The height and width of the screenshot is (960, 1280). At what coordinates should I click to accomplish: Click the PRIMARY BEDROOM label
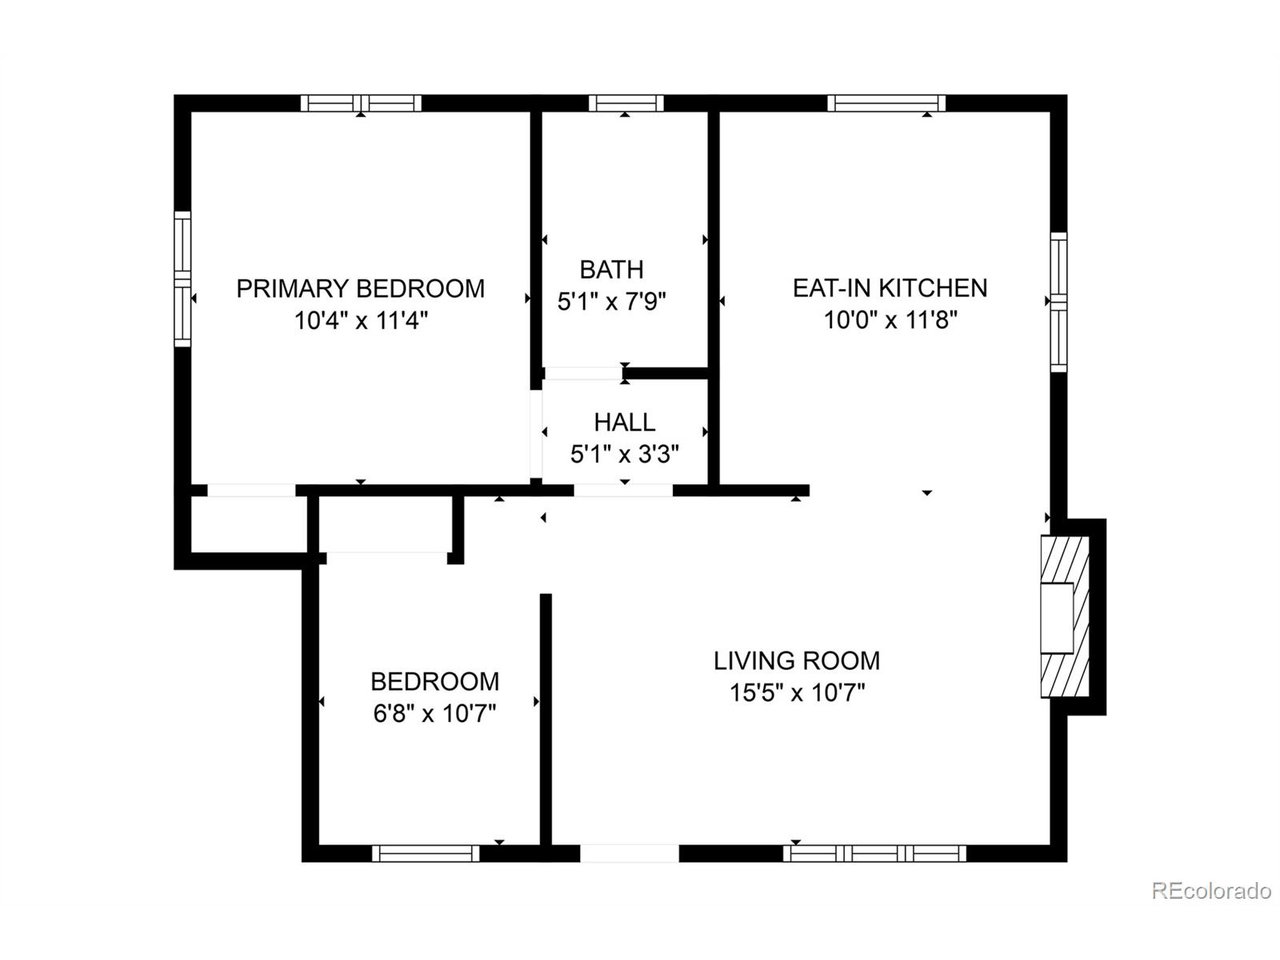[x=360, y=289]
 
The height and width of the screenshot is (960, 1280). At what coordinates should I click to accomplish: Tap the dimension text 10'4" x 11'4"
[x=360, y=321]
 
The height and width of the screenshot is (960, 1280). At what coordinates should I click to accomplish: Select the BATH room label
[x=611, y=269]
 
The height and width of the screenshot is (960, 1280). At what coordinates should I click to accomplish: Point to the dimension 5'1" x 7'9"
[x=611, y=300]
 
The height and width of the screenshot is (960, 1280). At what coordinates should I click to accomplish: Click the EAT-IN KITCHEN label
[x=889, y=288]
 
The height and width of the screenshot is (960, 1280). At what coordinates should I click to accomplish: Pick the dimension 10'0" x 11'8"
[x=889, y=320]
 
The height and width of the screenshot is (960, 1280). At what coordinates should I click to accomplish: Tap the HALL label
[x=624, y=422]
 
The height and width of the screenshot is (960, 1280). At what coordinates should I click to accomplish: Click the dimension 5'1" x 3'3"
[x=624, y=454]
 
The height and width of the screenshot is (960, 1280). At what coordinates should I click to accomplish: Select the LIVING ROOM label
[x=796, y=660]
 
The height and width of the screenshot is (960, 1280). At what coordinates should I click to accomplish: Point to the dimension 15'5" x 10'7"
[x=796, y=692]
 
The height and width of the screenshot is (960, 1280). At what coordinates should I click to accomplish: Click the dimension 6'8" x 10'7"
[x=434, y=713]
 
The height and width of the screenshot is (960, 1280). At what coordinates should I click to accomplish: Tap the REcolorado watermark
[x=1210, y=890]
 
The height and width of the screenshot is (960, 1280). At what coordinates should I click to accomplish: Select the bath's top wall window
[x=625, y=102]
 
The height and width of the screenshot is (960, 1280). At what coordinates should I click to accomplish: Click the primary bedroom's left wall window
[x=182, y=278]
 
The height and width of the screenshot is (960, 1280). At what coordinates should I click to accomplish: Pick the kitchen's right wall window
[x=1058, y=301]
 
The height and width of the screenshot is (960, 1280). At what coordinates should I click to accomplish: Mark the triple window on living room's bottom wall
[x=875, y=853]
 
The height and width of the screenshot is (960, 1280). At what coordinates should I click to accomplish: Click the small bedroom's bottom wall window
[x=426, y=853]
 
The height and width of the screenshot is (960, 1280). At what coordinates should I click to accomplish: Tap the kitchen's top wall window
[x=886, y=102]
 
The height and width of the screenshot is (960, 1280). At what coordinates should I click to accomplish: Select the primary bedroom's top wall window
[x=361, y=102]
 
